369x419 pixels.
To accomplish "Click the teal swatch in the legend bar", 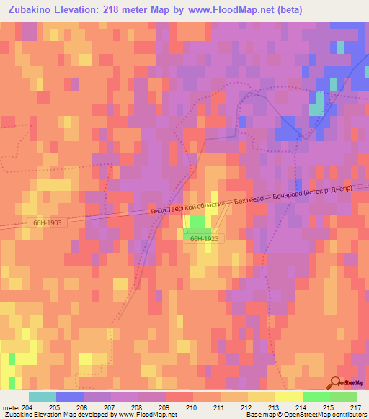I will click(x=42, y=397).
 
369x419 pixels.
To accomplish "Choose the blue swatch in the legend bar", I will click(x=69, y=397).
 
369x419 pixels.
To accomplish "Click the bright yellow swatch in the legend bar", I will click(x=288, y=397).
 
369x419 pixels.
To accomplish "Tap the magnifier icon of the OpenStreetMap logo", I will click(x=336, y=382).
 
